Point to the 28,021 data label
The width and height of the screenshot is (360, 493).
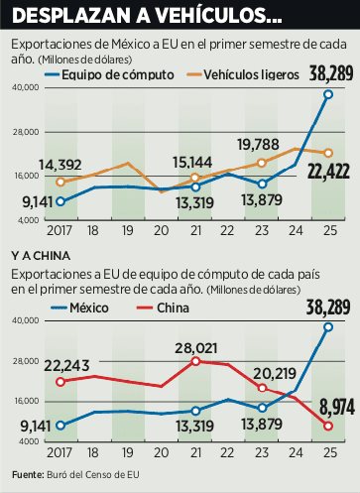click(x=194, y=347)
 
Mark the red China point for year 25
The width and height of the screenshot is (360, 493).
click(x=328, y=426)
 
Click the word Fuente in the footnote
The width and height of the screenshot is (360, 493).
click(x=28, y=478)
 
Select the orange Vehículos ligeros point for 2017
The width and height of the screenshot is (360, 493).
click(x=61, y=182)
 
